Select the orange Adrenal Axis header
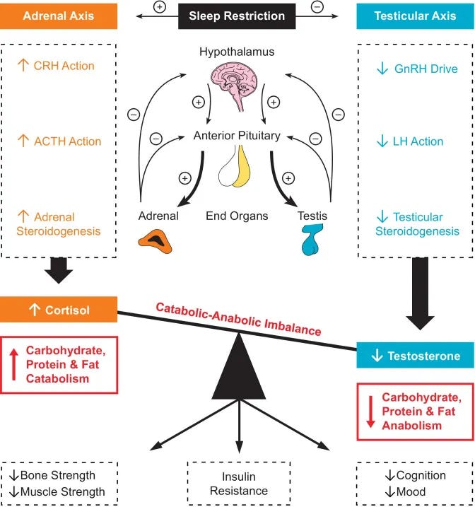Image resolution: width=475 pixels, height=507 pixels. [59, 16]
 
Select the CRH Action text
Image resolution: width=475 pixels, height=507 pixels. [64, 66]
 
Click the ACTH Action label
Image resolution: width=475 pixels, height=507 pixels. [68, 141]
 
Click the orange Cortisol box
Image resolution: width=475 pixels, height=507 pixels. [59, 310]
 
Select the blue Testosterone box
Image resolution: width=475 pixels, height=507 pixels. [414, 356]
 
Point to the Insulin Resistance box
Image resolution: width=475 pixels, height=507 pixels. [237, 484]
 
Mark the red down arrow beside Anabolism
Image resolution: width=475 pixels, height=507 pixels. [369, 412]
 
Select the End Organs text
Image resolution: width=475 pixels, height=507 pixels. [237, 216]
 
